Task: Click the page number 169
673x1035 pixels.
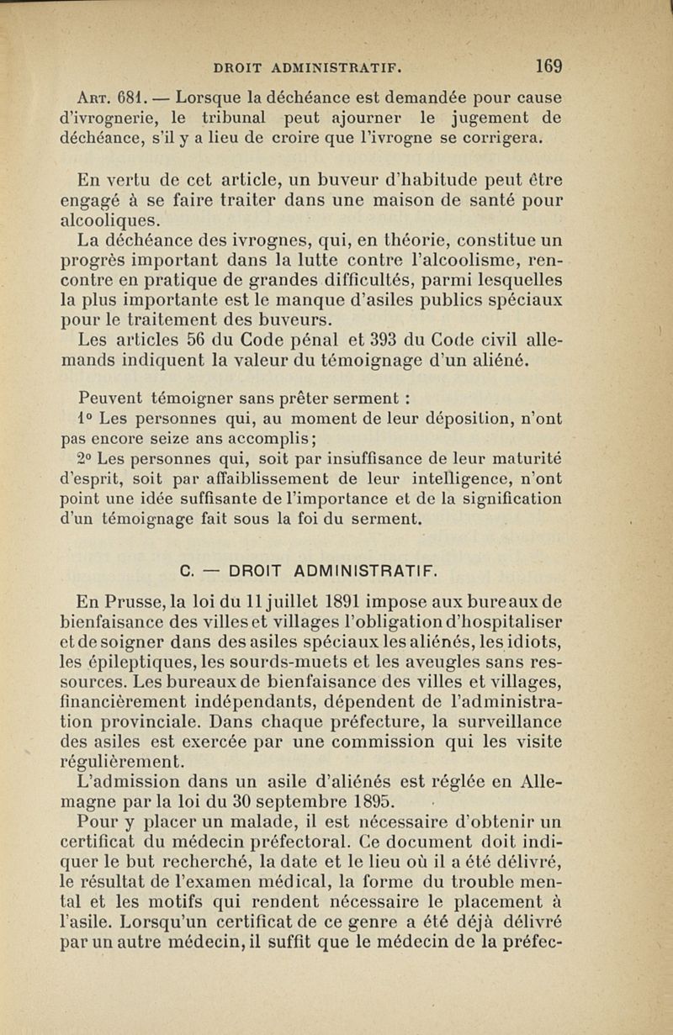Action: pos(548,66)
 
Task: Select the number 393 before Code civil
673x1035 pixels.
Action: pos(383,341)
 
